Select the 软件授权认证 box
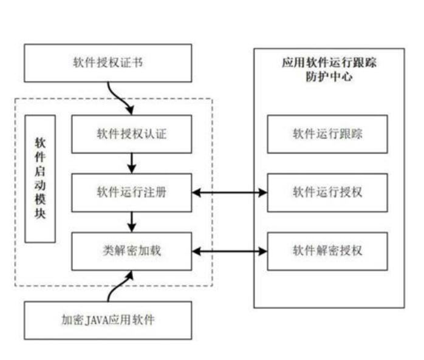[131, 134]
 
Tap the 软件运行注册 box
[131, 192]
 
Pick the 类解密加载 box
[131, 251]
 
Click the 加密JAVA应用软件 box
[108, 320]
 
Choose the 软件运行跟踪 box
[327, 134]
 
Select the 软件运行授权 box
[327, 192]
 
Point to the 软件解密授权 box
[327, 251]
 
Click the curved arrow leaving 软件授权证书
[119, 97]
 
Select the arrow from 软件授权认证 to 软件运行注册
[131, 163]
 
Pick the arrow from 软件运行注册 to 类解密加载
[131, 222]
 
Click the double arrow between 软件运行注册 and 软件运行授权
[229, 192]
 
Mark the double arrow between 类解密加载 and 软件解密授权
[229, 251]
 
